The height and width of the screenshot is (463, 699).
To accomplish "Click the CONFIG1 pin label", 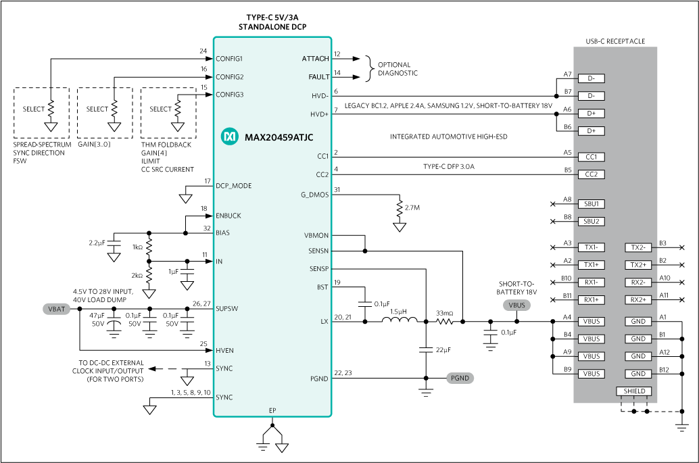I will coord(229,59).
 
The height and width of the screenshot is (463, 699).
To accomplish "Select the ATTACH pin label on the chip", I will coord(315,59).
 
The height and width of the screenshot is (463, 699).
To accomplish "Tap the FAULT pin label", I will coord(318,77).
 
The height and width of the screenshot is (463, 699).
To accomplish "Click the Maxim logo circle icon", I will coord(230,137).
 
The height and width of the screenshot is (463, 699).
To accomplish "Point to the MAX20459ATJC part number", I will coord(279,137).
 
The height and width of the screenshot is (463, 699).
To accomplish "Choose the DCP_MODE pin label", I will coord(233,186).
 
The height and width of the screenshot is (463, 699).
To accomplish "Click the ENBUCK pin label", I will coord(228,216).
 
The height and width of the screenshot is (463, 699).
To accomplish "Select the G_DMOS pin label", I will coord(314,195).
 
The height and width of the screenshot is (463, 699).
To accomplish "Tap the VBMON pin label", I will coord(316,235).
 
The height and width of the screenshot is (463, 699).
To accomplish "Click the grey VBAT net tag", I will coord(56,309).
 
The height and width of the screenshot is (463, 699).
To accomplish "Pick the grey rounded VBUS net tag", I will coord(516,306).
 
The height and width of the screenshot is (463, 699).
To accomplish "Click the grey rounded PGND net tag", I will coord(460,378).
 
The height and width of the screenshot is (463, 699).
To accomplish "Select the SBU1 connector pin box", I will coord(591,203).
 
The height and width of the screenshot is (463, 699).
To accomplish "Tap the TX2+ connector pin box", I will coord(638,265).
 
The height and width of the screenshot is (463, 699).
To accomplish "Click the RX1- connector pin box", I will coord(591,282).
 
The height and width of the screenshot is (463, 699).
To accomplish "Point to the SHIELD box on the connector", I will coord(634,391).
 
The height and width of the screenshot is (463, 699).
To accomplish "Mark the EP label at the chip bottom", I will coord(272,410).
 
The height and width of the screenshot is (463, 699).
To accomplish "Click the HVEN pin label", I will coord(224,351).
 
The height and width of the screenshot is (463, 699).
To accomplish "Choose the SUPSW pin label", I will coord(226,309).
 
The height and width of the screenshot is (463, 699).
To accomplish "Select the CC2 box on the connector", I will coord(591,174).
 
